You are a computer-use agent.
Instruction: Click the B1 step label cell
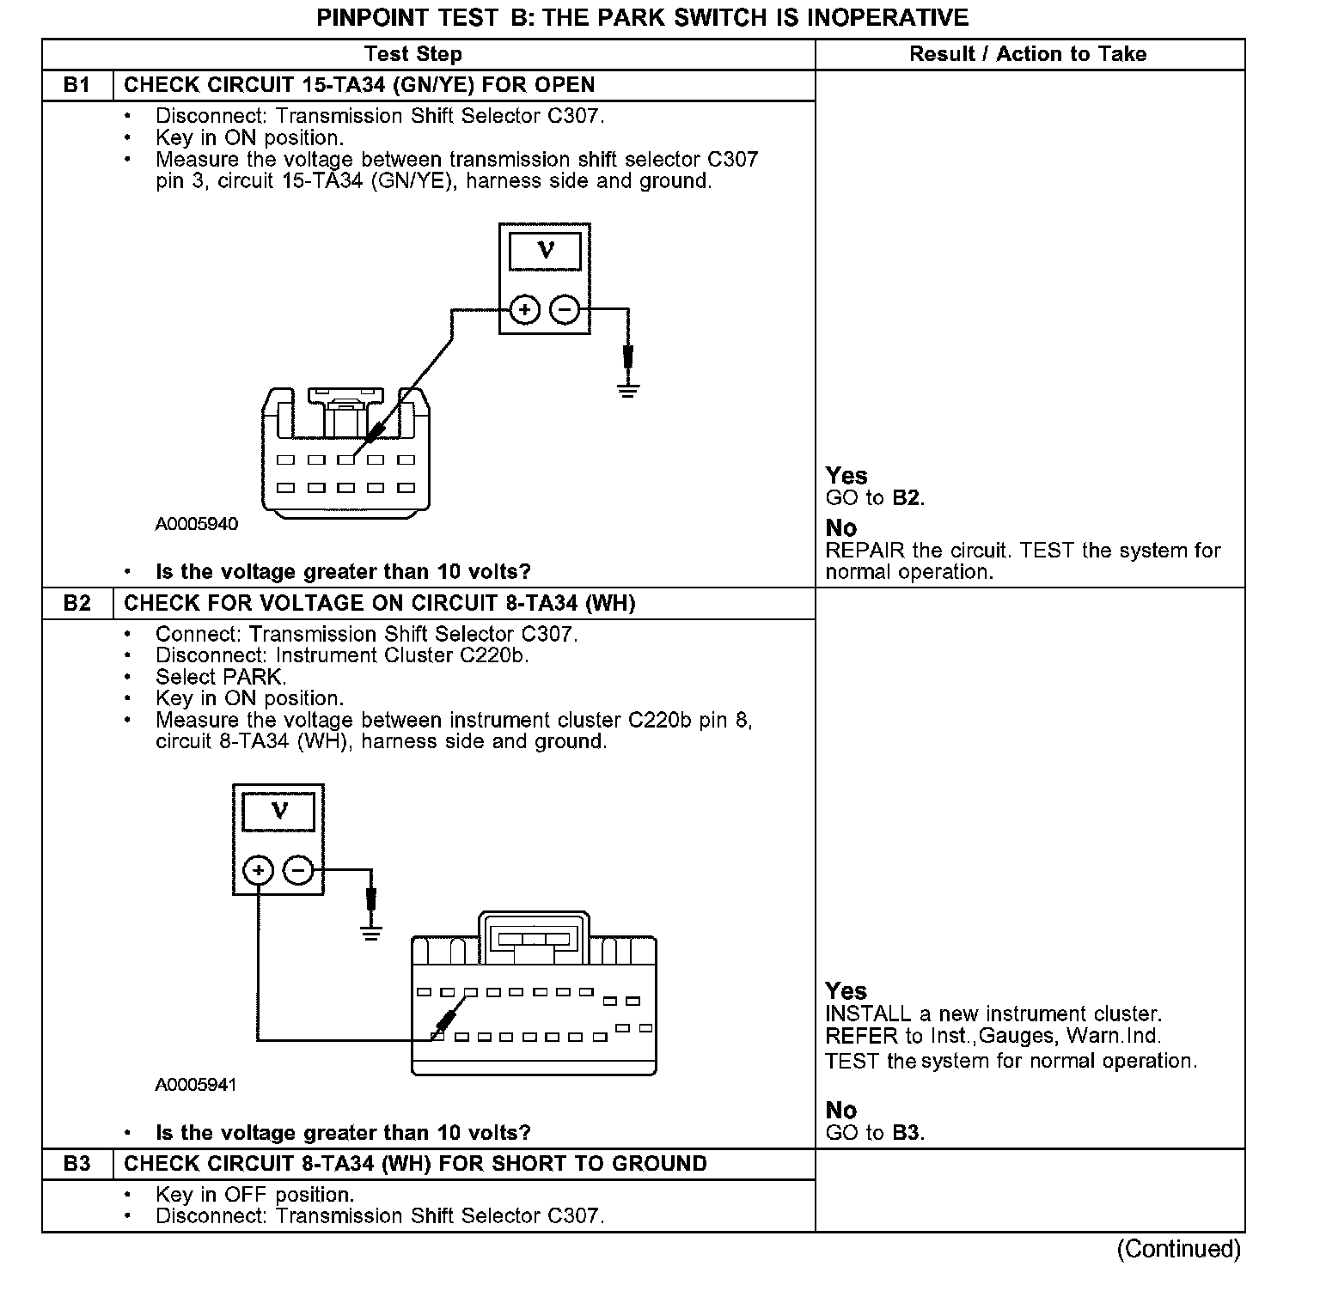pos(77,85)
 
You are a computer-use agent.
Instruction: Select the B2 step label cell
pos(77,603)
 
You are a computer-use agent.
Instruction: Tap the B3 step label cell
pos(77,1164)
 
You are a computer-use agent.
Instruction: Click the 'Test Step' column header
pos(412,54)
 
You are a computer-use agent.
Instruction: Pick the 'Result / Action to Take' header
pos(1028,54)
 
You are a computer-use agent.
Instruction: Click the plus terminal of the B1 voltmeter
pos(524,309)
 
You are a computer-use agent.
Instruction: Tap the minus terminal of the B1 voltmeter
pos(564,309)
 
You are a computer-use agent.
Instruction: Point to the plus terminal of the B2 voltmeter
pos(258,870)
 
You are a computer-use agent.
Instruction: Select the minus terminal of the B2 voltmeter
pos(298,870)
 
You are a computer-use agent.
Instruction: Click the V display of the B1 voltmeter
pos(545,251)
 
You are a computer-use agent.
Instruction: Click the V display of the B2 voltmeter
pos(279,811)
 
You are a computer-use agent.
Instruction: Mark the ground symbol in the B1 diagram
pos(628,391)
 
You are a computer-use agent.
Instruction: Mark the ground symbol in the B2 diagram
pos(370,933)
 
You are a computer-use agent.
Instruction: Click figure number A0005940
pos(196,524)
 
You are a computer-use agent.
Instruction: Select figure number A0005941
pos(196,1085)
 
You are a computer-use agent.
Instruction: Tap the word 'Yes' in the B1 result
pos(846,475)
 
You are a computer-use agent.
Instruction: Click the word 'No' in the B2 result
pos(840,1110)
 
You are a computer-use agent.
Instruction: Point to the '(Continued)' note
pos(1178,1249)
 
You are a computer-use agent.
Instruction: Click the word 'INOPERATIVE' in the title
pos(883,17)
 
